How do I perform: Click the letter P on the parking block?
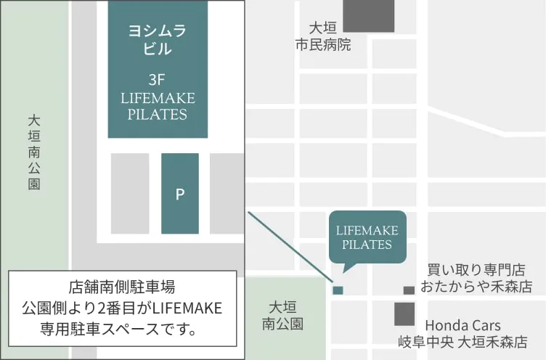pos(180,194)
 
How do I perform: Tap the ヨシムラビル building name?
pos(158,40)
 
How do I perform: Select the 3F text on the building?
pos(158,80)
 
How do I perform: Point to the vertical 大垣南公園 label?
pos(34,152)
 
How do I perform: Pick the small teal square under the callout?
pos(338,290)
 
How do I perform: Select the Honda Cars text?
pos(463,325)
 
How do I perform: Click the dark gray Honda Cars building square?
pos(404,314)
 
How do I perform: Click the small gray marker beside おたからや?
pos(409,290)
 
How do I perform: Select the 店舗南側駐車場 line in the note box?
pos(122,287)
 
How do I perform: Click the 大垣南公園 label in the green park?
pos(286,315)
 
